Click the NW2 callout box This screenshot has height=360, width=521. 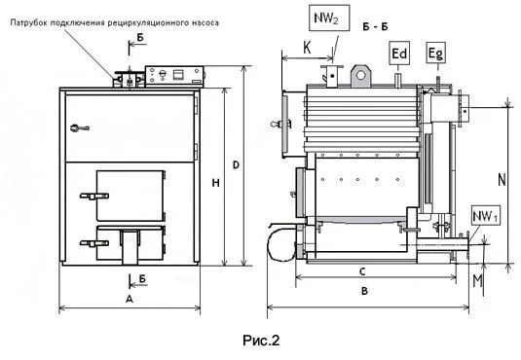coord(329,18)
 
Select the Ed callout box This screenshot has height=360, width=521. coord(399,54)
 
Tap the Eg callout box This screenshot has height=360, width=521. coord(436,53)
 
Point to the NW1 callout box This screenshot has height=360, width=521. coord(485,216)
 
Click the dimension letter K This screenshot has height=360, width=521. coord(307,48)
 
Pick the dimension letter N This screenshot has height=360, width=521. coord(502,180)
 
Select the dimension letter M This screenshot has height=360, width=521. coord(477,281)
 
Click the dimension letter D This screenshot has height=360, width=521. coord(236,165)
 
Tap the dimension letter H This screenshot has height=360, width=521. coord(215,183)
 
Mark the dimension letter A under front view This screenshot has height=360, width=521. coord(130,300)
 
